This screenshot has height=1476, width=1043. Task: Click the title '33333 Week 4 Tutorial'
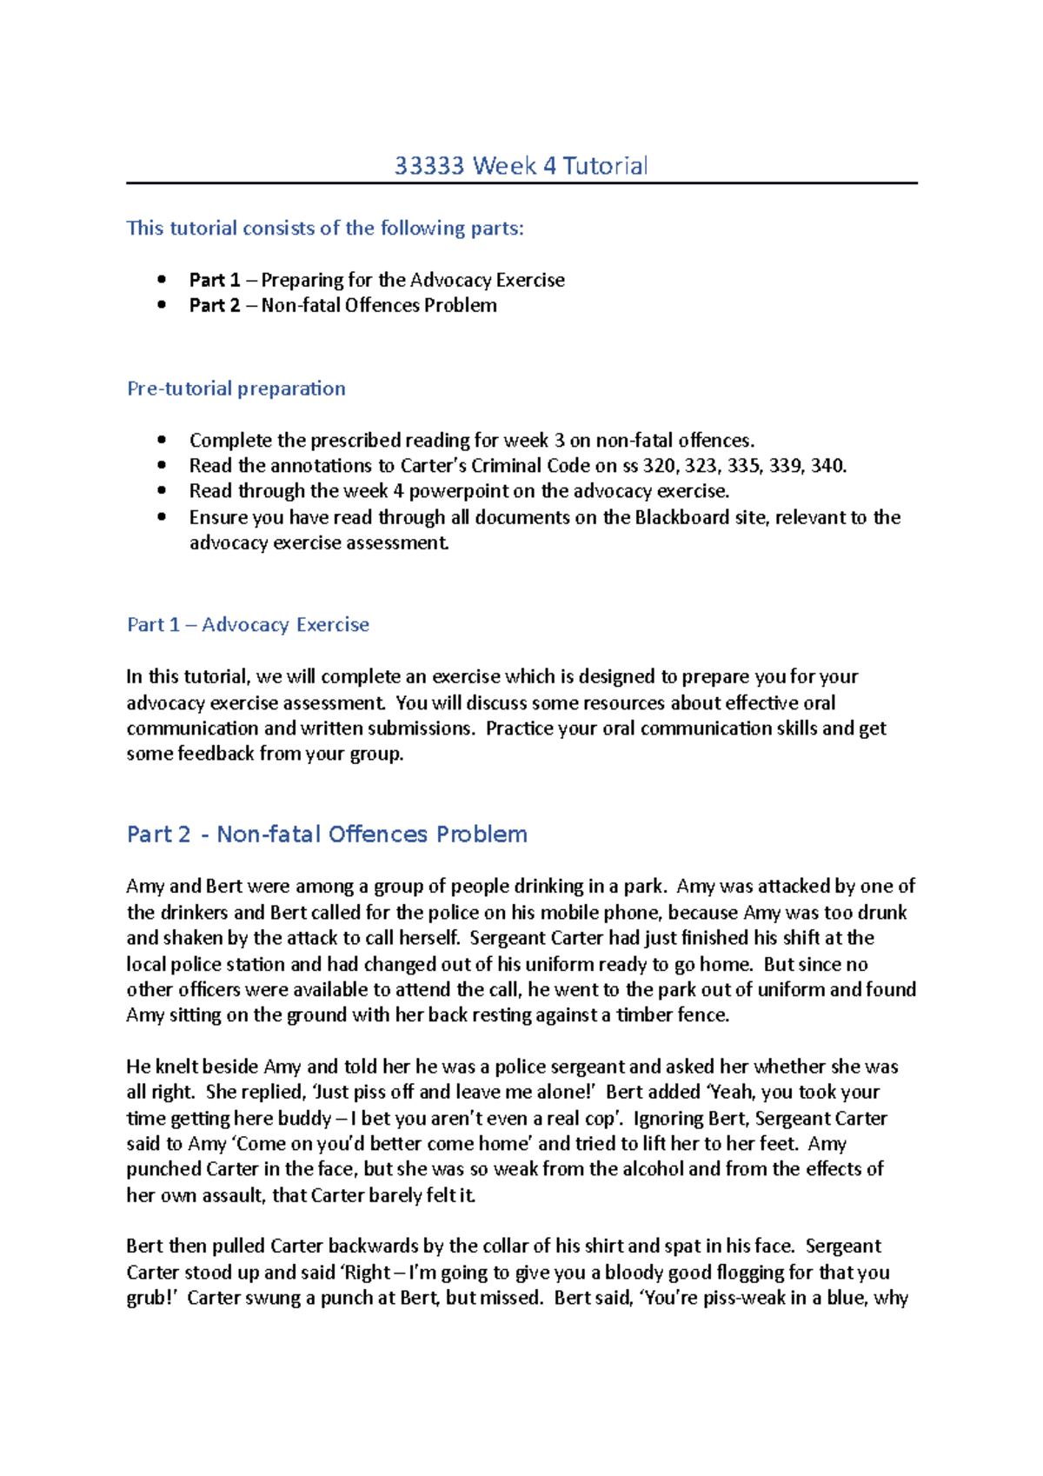(521, 165)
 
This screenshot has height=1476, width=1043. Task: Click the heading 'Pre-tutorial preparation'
(236, 389)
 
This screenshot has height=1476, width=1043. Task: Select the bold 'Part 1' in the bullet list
(215, 280)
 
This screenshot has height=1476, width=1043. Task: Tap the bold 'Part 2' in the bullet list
(215, 305)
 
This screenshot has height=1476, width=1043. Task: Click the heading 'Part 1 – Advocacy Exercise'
(248, 624)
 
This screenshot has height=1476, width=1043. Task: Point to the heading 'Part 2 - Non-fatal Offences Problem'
(327, 834)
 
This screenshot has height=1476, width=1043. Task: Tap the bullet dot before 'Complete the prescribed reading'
(162, 440)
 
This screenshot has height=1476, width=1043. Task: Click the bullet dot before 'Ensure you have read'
(162, 517)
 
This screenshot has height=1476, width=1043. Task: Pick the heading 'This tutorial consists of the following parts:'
(325, 229)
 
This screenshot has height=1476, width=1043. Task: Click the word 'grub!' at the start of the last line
(151, 1298)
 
